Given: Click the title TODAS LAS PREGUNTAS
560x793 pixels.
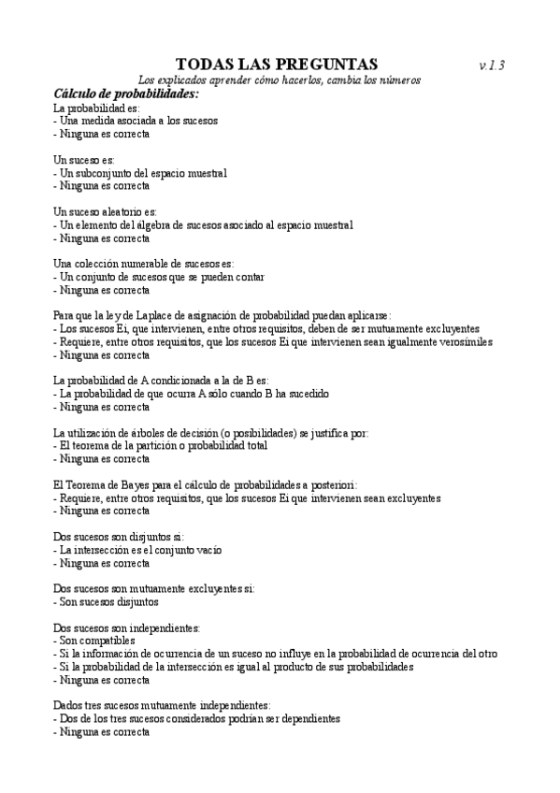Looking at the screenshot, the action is coord(277,64).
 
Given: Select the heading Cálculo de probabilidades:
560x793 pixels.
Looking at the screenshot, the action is coord(126,94).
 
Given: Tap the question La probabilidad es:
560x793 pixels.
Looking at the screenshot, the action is coord(90,109).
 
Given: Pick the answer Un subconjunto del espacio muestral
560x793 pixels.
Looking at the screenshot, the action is coord(141,173).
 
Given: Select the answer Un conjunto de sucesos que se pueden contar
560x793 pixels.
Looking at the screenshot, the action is coord(159,277).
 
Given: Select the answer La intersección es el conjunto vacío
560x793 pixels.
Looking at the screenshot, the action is coord(139,550).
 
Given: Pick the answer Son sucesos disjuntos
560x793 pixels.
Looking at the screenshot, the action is coord(106,601).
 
